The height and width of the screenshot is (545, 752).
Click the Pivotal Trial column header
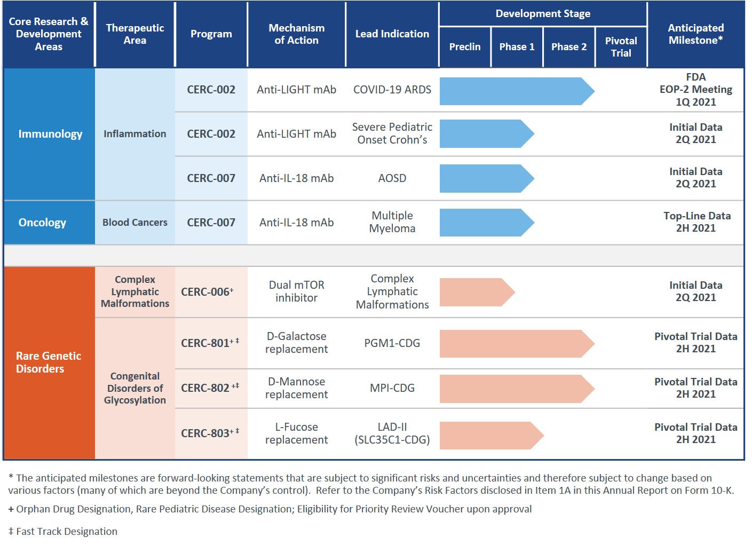point(621,47)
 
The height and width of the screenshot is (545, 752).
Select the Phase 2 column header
point(568,47)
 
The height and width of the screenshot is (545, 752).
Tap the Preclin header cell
point(464,47)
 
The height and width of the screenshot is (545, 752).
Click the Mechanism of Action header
point(296,34)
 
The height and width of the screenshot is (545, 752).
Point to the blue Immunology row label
point(50,134)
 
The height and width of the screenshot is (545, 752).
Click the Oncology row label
point(42,223)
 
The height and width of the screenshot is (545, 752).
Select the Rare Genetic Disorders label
point(49,362)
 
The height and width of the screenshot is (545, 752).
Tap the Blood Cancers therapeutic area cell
point(134,223)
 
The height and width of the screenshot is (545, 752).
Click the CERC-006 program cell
point(208,292)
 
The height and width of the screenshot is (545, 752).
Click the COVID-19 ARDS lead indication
point(392,90)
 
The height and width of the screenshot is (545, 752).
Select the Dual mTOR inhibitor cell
point(296,291)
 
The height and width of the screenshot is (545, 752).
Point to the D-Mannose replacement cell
point(296,388)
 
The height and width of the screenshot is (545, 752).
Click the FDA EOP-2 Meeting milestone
point(695,90)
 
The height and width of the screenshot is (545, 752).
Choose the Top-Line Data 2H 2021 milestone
point(696,222)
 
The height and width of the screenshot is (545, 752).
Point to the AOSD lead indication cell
point(392,178)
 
